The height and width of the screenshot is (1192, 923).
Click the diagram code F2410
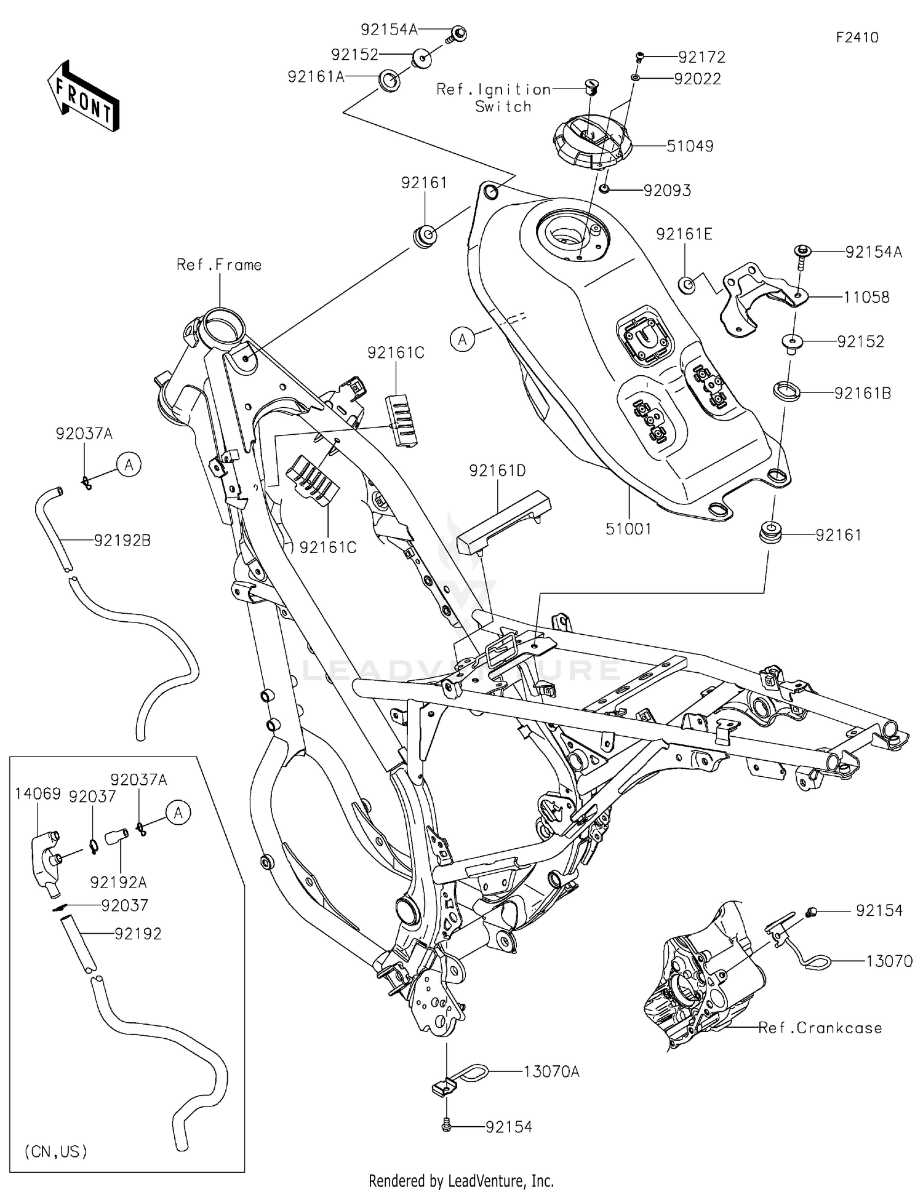pyautogui.click(x=857, y=38)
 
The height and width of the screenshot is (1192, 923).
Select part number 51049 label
pyautogui.click(x=690, y=146)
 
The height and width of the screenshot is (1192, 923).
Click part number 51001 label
pyautogui.click(x=628, y=528)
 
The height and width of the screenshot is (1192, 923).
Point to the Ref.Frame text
pyautogui.click(x=218, y=265)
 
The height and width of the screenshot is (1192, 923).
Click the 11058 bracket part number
pyautogui.click(x=866, y=298)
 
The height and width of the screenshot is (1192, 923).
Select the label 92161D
pyautogui.click(x=497, y=471)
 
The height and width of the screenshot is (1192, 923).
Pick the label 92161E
pyautogui.click(x=684, y=234)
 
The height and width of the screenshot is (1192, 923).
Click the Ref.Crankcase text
pyautogui.click(x=820, y=1028)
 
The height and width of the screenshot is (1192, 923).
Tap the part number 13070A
pyautogui.click(x=551, y=1071)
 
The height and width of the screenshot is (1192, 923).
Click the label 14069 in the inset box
pyautogui.click(x=38, y=795)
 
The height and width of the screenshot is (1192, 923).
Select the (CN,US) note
pyautogui.click(x=55, y=1151)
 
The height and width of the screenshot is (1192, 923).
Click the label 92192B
pyautogui.click(x=122, y=541)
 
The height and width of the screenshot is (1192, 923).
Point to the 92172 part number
pyautogui.click(x=701, y=57)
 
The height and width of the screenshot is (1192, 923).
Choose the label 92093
pyautogui.click(x=667, y=191)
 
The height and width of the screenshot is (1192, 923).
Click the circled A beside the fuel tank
pyautogui.click(x=462, y=339)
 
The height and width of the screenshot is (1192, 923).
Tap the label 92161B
pyautogui.click(x=862, y=393)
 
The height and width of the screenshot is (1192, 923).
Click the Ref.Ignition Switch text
pyautogui.click(x=494, y=98)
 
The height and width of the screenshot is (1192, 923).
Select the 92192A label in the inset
pyautogui.click(x=118, y=883)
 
